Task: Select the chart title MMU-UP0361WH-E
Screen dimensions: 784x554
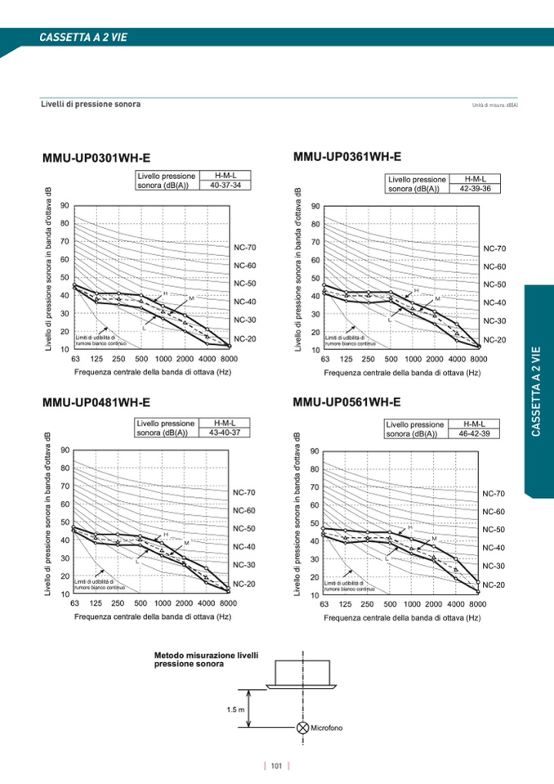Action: pos(346,156)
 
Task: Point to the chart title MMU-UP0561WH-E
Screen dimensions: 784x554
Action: pos(346,402)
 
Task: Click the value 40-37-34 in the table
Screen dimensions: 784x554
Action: pos(226,186)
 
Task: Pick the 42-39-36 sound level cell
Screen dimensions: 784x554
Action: pos(475,189)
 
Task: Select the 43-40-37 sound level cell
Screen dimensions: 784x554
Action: pos(225,432)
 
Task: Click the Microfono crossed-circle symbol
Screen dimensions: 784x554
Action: pos(303,728)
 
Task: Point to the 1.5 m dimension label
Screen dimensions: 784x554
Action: pos(235,709)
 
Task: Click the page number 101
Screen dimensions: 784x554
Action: pos(277,766)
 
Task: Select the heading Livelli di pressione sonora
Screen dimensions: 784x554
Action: pos(91,105)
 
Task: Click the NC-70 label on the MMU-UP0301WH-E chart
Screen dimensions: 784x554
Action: pos(245,247)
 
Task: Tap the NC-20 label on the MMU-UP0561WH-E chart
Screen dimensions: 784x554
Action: pos(494,585)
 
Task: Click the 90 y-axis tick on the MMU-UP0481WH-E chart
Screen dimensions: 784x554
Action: pos(64,450)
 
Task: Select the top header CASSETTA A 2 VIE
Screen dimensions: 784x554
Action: pos(83,37)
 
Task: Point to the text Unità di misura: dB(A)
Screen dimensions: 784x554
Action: pos(496,105)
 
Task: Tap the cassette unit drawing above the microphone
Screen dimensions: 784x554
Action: pos(303,674)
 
